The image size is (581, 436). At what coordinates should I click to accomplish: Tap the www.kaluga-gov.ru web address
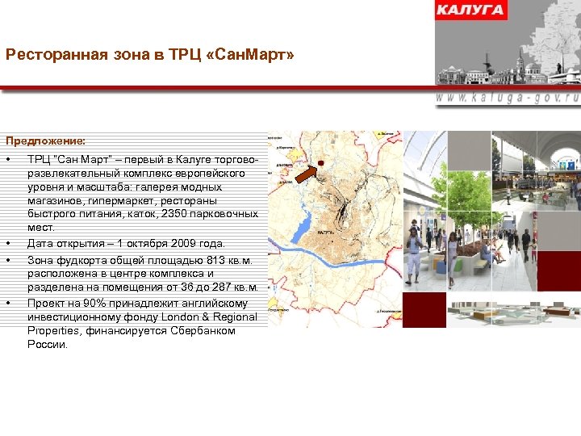click(x=508, y=97)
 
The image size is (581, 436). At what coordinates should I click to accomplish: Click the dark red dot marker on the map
click(x=320, y=163)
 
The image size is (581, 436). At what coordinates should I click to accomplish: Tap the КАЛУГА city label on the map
click(x=327, y=232)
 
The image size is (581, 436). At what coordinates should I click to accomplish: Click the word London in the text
click(x=180, y=317)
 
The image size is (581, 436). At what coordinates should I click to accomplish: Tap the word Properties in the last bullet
click(x=52, y=331)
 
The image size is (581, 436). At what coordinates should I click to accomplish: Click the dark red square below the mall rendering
click(x=424, y=309)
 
